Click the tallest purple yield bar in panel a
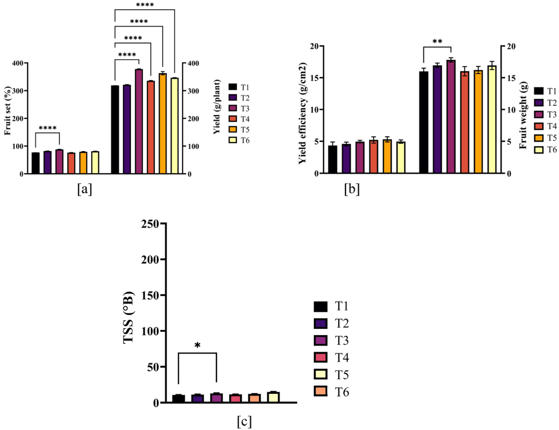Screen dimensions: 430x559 coord(138,121)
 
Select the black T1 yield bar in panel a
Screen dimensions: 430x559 coord(115,129)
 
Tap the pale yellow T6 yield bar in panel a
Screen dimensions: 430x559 coord(174,126)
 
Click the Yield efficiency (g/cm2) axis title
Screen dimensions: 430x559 coord(302,110)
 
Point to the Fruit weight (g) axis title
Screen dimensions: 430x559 coord(523,110)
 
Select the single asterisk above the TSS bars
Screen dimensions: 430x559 coord(197,345)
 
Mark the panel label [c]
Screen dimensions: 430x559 coord(243,421)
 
